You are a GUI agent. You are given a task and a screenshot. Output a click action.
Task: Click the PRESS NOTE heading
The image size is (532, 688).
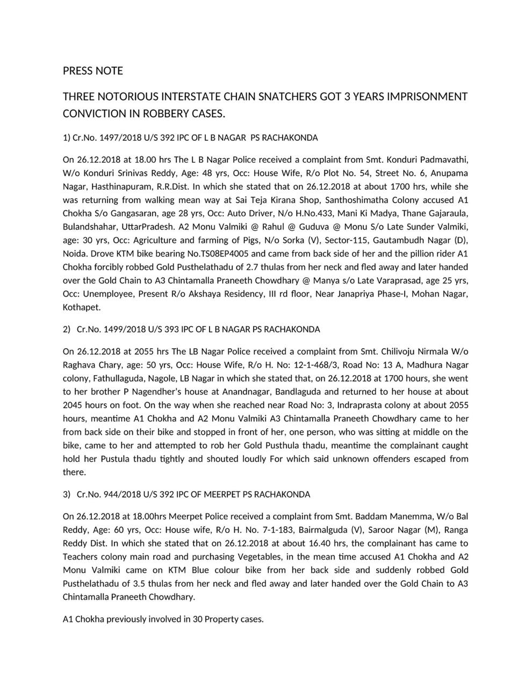(92, 71)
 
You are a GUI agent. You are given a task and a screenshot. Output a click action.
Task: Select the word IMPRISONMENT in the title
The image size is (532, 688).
(426, 97)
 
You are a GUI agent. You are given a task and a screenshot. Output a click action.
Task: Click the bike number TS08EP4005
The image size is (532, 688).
(222, 254)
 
